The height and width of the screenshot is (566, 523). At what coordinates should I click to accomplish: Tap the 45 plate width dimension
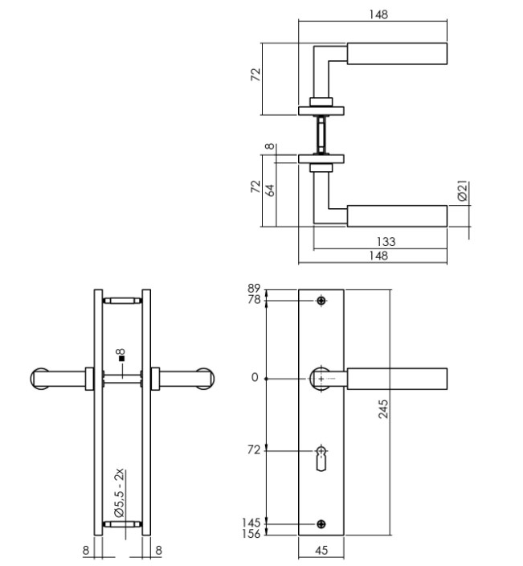(x=321, y=551)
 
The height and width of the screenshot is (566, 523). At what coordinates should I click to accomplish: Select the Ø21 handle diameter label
(x=462, y=191)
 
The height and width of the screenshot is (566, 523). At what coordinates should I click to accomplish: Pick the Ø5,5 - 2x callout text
(x=117, y=491)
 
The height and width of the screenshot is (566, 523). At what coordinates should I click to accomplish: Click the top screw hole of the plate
(x=321, y=301)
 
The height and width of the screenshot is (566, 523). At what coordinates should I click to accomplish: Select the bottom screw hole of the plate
(x=321, y=525)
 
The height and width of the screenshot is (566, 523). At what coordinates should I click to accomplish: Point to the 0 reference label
(x=255, y=378)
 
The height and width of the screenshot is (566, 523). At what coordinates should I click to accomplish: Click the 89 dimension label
(x=255, y=289)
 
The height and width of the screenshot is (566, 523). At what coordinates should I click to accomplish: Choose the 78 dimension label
(x=255, y=300)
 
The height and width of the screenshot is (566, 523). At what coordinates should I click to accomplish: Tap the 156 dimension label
(x=252, y=534)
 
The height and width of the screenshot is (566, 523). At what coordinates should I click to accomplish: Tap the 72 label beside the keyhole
(x=253, y=450)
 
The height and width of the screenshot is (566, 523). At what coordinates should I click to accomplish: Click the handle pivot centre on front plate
(x=321, y=378)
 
